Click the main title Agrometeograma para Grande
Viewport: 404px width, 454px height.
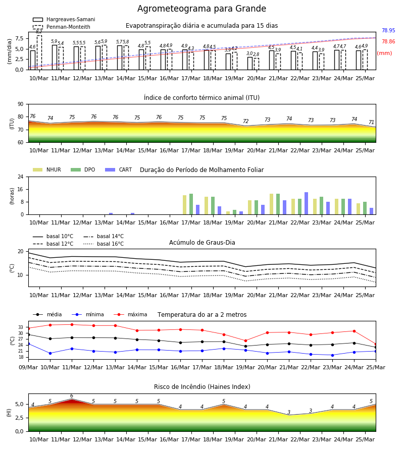pyautogui.click(x=201, y=9)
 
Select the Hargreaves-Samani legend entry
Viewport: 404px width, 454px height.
pyautogui.click(x=64, y=19)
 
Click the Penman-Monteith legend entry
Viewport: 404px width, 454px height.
pyautogui.click(x=62, y=27)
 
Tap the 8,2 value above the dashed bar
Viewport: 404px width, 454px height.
pyautogui.click(x=39, y=32)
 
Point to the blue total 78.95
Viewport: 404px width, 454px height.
pyautogui.click(x=388, y=30)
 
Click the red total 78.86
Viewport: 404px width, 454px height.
pyautogui.click(x=388, y=41)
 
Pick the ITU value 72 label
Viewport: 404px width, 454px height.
pyautogui.click(x=246, y=121)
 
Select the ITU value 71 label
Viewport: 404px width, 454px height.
pyautogui.click(x=372, y=122)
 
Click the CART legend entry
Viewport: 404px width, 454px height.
pyautogui.click(x=119, y=169)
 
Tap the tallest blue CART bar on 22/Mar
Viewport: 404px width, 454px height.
pyautogui.click(x=307, y=203)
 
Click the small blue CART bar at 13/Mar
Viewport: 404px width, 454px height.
pyautogui.click(x=111, y=214)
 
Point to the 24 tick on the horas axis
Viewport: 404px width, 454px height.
pyautogui.click(x=21, y=177)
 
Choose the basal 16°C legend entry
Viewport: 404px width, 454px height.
pyautogui.click(x=104, y=244)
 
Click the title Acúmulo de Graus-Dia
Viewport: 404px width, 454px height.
pyautogui.click(x=202, y=242)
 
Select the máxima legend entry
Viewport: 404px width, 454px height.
pyautogui.click(x=130, y=314)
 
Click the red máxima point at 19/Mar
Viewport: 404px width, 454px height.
pyautogui.click(x=246, y=341)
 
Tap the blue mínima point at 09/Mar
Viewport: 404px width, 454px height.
pyautogui.click(x=28, y=344)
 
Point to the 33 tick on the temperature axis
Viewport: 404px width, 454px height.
pyautogui.click(x=21, y=327)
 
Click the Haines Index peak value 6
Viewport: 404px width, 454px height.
pyautogui.click(x=72, y=396)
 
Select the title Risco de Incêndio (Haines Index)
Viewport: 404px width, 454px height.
pyautogui.click(x=202, y=386)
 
